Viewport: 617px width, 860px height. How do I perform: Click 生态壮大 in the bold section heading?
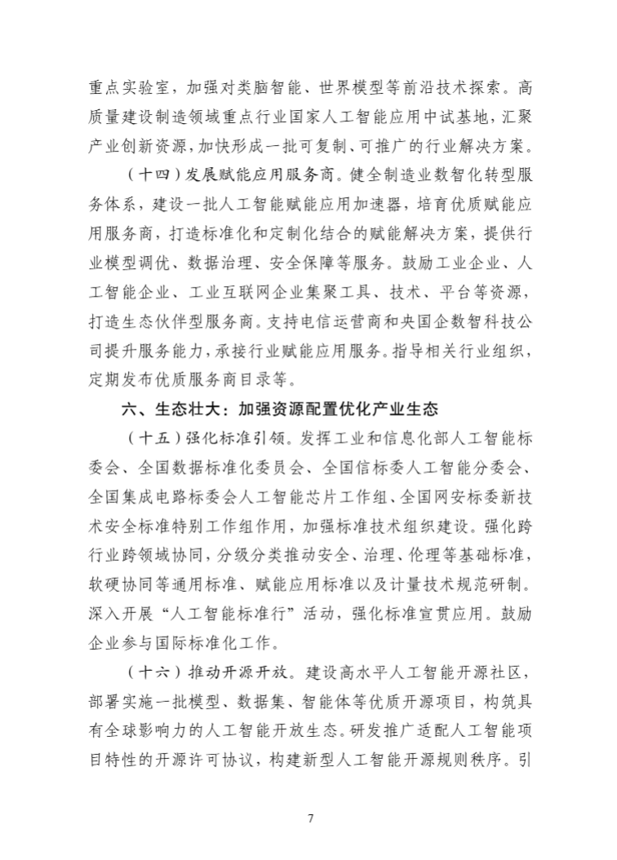click(x=168, y=410)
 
